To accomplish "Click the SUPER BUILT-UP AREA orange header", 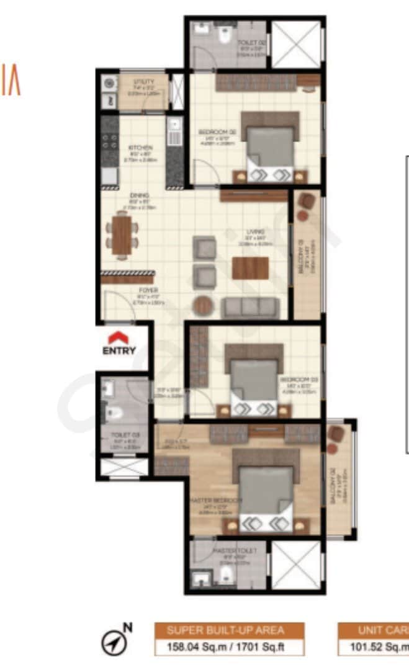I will tap(229, 630).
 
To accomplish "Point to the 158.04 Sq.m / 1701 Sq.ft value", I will tap(229, 647).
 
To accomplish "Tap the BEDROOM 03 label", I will tap(290, 378).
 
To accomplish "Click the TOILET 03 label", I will tap(120, 435).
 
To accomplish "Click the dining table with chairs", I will tap(122, 233).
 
